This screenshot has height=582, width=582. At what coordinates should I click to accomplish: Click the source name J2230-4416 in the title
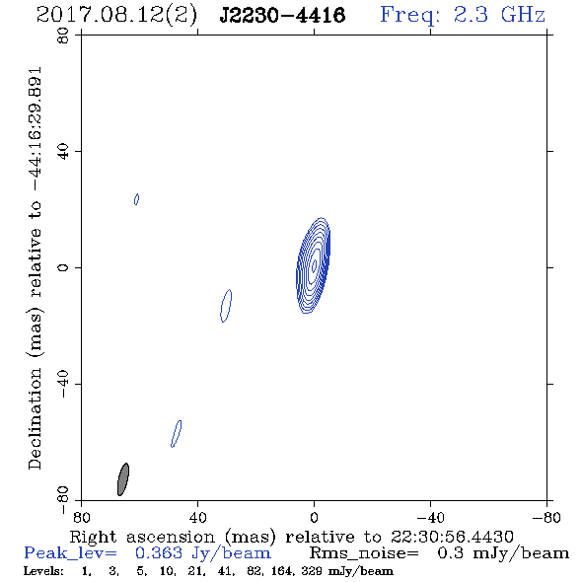(x=282, y=15)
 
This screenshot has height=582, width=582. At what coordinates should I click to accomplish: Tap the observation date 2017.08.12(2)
(x=116, y=16)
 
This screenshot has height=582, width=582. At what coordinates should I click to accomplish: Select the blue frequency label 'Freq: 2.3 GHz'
(x=463, y=15)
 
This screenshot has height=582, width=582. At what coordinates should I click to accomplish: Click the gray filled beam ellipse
(x=123, y=479)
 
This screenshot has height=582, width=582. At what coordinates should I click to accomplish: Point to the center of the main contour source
(x=314, y=265)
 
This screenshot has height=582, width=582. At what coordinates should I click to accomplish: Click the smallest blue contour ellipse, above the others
(x=136, y=199)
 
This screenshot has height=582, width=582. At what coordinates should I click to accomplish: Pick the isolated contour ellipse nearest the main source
(x=226, y=306)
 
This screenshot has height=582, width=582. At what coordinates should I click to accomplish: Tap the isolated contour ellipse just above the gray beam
(x=177, y=434)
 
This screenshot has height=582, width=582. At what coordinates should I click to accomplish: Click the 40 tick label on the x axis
(x=197, y=518)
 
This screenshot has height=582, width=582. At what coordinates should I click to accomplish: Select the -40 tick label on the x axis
(x=430, y=518)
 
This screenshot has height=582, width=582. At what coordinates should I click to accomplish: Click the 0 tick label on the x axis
(x=314, y=518)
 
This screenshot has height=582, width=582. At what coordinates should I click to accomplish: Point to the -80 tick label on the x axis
(x=546, y=518)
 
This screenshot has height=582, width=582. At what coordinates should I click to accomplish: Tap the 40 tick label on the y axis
(x=63, y=152)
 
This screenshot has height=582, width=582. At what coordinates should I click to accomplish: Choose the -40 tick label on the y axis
(x=63, y=384)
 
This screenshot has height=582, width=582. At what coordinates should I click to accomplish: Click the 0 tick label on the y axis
(x=63, y=267)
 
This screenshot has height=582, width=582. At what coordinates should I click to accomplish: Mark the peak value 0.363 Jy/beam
(x=203, y=553)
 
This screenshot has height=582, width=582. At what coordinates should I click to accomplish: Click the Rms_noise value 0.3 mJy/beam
(x=503, y=553)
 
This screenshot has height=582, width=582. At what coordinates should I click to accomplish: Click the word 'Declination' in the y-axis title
(x=35, y=419)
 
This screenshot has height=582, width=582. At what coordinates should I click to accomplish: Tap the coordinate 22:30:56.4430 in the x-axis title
(x=452, y=537)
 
